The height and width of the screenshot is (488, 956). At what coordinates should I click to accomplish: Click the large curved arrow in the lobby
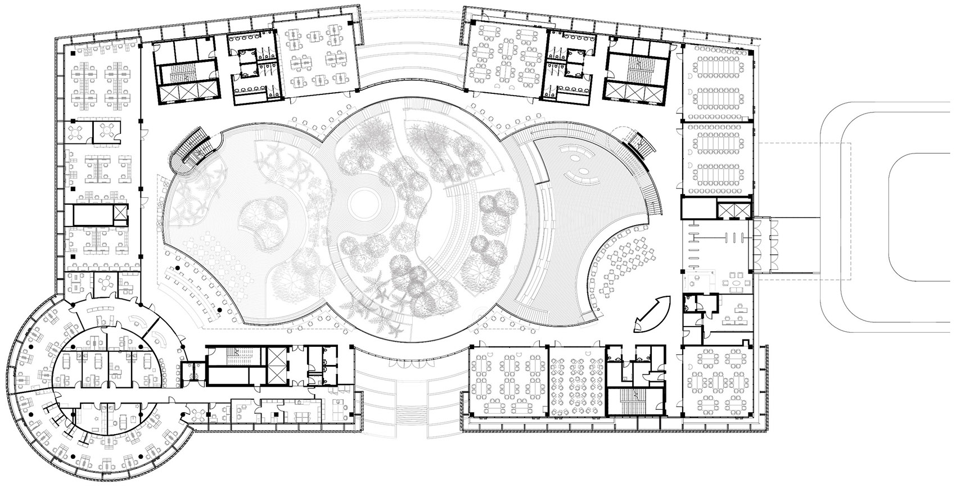(653, 311)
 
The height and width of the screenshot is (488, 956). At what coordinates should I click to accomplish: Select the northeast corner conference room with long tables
(717, 82)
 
